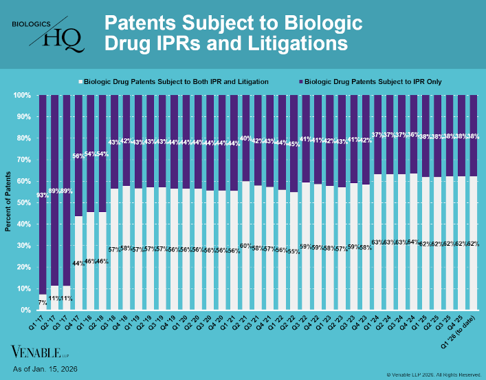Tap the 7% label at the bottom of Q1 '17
[x=43, y=302]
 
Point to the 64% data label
[x=412, y=242]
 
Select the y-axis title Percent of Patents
[x=8, y=202]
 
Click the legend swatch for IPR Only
[x=299, y=81]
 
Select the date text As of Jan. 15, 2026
[x=45, y=370]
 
